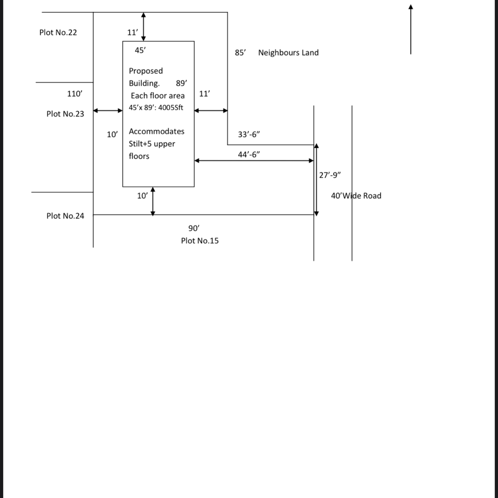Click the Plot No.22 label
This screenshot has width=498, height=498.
58,32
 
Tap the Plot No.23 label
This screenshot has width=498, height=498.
65,114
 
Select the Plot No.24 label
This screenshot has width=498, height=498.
65,216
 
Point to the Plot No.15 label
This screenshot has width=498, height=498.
200,241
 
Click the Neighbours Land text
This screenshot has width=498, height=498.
288,53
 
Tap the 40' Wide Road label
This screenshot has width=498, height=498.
356,196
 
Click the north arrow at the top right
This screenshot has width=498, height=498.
410,29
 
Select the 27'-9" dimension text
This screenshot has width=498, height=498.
330,175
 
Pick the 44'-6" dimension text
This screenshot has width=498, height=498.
249,154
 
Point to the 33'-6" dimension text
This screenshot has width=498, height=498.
249,134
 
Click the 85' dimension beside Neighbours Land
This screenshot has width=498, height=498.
240,53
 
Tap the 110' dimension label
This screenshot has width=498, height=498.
75,94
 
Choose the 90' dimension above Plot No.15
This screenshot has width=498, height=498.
194,228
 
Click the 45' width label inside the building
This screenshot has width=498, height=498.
140,50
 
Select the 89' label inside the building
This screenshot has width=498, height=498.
181,83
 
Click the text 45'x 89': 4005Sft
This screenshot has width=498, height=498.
156,107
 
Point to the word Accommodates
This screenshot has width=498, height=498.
156,132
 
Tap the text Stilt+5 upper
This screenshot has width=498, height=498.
152,144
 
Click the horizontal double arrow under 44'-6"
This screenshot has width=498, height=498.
254,161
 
